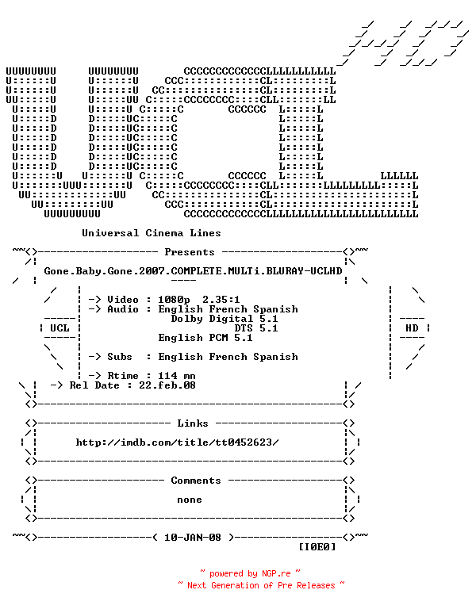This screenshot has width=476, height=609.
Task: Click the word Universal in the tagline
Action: (x=110, y=233)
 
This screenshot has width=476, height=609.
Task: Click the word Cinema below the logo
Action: (x=164, y=233)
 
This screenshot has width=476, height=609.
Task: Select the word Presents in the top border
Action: (x=190, y=252)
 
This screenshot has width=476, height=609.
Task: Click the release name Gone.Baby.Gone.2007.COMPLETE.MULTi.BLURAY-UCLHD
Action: (x=193, y=271)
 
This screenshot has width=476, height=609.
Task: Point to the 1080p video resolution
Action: (x=174, y=300)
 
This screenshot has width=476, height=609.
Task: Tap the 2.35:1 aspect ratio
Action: (x=221, y=300)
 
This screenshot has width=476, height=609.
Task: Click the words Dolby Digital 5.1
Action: (x=225, y=319)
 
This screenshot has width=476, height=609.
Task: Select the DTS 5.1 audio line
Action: (x=256, y=328)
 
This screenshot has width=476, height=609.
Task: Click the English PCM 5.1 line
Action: (x=205, y=338)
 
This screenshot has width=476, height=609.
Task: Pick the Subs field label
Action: (x=120, y=357)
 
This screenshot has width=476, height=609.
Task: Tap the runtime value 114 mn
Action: (x=177, y=376)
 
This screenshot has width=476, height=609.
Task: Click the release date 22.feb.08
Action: (x=167, y=385)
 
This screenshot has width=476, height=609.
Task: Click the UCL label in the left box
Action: (x=59, y=328)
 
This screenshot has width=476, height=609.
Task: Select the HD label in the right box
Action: (x=412, y=328)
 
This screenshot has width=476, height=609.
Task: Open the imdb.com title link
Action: (x=177, y=442)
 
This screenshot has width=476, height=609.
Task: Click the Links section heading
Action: (x=193, y=423)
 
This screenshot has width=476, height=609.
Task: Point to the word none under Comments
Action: (x=190, y=500)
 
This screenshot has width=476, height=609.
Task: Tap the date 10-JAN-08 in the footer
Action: (x=193, y=538)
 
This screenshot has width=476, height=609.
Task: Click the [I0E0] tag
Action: (x=317, y=547)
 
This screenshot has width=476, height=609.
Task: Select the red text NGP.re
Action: (x=276, y=573)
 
